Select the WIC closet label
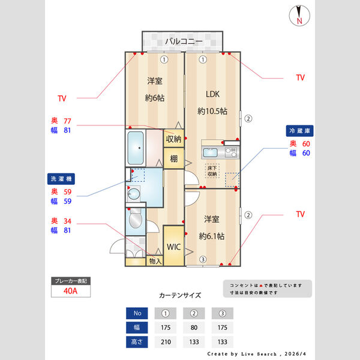(x=173, y=246)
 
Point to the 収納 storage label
(x=173, y=139)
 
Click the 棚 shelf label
(x=173, y=159)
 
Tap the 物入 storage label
(x=155, y=261)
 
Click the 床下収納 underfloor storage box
(x=212, y=171)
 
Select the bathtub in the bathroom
(x=136, y=148)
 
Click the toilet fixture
(x=135, y=220)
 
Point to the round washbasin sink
(x=134, y=193)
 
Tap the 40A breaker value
(x=71, y=292)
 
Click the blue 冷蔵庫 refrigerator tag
(x=301, y=130)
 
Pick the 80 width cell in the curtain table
(x=194, y=328)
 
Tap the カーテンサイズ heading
(x=180, y=295)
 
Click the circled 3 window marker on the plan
(x=203, y=259)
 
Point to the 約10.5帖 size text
(x=213, y=111)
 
